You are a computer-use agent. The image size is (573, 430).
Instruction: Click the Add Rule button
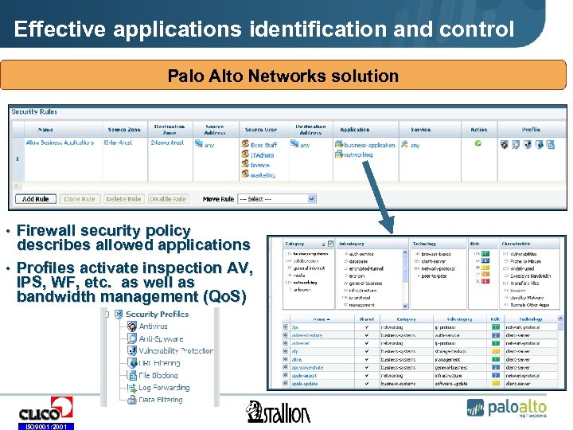click(36, 199)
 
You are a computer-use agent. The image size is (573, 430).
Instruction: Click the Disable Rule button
click(167, 199)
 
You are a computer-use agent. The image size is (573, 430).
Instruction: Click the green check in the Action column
click(478, 144)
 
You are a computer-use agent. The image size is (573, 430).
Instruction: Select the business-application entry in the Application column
click(368, 145)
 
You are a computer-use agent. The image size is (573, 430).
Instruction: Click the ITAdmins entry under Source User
click(263, 155)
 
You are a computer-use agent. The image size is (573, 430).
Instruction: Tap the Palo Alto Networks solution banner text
click(283, 76)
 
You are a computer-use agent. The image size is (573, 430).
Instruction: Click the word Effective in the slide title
click(60, 30)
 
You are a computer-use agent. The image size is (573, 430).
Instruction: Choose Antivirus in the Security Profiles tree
click(154, 326)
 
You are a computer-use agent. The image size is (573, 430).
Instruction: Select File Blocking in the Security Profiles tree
click(158, 375)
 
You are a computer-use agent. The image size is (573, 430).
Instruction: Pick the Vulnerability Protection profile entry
click(175, 350)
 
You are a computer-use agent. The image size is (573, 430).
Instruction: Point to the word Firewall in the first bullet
click(49, 230)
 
